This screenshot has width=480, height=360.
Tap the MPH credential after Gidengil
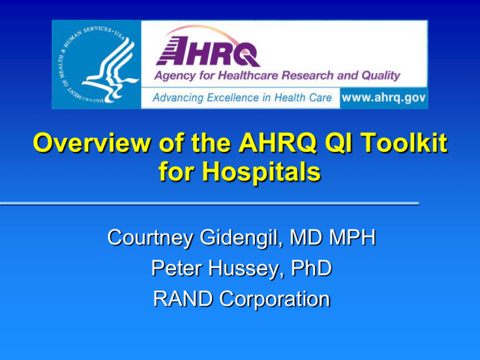pyautogui.click(x=349, y=238)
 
